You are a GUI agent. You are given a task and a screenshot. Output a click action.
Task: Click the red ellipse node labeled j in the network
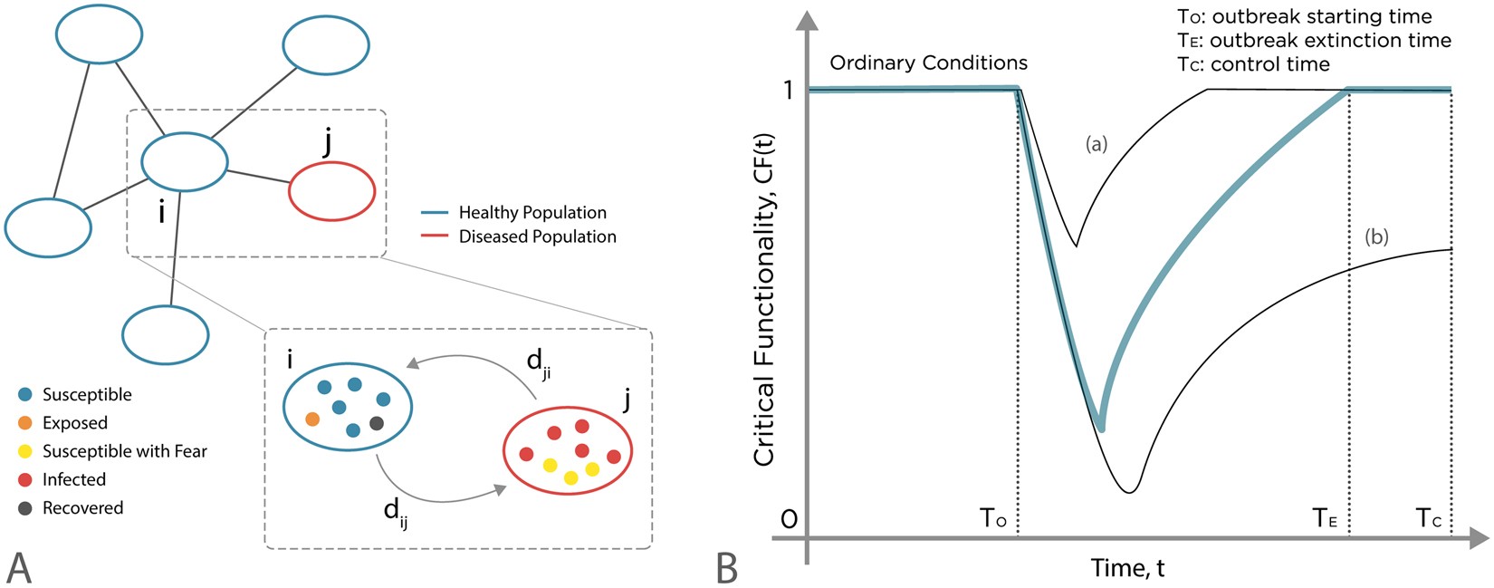click(x=331, y=191)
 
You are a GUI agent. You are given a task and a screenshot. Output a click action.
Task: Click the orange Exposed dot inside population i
click(x=312, y=419)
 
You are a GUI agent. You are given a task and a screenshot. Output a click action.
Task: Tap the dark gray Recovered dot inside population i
click(x=377, y=423)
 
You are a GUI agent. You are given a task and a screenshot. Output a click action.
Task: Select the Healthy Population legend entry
click(x=532, y=213)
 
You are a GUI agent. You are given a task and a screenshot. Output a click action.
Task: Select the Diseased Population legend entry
click(x=536, y=236)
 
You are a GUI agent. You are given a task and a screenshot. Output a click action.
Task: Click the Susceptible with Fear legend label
click(x=124, y=451)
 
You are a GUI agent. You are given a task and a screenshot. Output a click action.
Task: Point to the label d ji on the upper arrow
click(x=538, y=363)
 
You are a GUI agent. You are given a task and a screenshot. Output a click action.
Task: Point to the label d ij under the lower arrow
click(x=396, y=513)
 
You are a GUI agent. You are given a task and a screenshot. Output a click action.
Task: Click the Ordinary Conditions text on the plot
click(x=928, y=63)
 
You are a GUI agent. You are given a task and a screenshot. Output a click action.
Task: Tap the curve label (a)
click(x=1096, y=144)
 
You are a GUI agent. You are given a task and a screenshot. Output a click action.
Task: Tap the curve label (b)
click(x=1375, y=237)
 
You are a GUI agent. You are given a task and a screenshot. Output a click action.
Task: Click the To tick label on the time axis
click(x=992, y=519)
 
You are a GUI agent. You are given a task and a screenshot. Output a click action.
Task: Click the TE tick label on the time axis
click(x=1325, y=519)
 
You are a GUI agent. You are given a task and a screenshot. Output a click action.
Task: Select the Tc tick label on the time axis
click(x=1428, y=519)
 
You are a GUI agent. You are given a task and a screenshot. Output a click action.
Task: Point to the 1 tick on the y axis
click(x=788, y=90)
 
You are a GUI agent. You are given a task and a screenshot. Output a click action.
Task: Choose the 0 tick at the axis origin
click(x=789, y=519)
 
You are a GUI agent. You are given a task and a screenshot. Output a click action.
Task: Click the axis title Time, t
click(x=1127, y=568)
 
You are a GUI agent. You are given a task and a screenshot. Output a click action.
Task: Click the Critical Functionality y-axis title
click(x=764, y=299)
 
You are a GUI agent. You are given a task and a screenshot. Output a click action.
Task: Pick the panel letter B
click(x=726, y=568)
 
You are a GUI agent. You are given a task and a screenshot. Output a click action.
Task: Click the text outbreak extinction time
click(x=1330, y=41)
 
